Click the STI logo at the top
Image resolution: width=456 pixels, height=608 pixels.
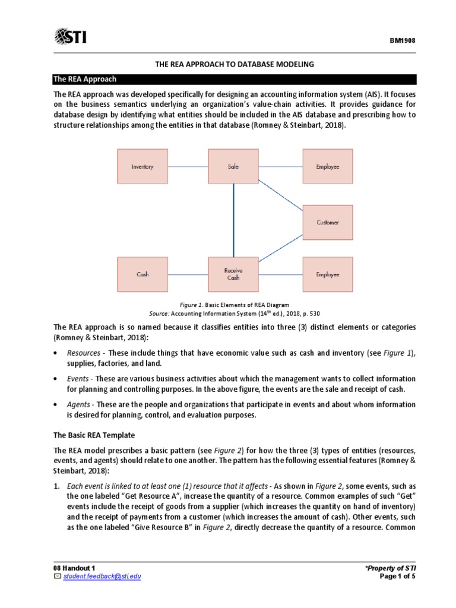[70, 37]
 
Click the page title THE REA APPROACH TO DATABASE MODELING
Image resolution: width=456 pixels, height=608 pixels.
[235, 64]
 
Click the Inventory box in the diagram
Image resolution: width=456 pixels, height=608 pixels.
[142, 167]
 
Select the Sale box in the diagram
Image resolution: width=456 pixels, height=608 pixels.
[233, 167]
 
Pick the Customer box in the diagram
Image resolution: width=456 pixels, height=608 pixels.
[328, 223]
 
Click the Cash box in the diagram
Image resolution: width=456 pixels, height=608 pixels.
[142, 274]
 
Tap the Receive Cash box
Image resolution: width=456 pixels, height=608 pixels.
[233, 274]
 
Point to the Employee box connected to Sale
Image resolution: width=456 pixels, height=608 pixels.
[328, 167]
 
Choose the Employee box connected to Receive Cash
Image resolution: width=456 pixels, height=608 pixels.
[328, 274]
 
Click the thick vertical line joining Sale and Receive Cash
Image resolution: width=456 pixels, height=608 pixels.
[233, 220]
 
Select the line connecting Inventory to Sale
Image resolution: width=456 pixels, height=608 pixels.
[188, 167]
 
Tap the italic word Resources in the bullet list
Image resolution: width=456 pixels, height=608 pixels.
[84, 353]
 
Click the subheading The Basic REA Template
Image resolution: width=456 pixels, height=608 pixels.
[94, 435]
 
